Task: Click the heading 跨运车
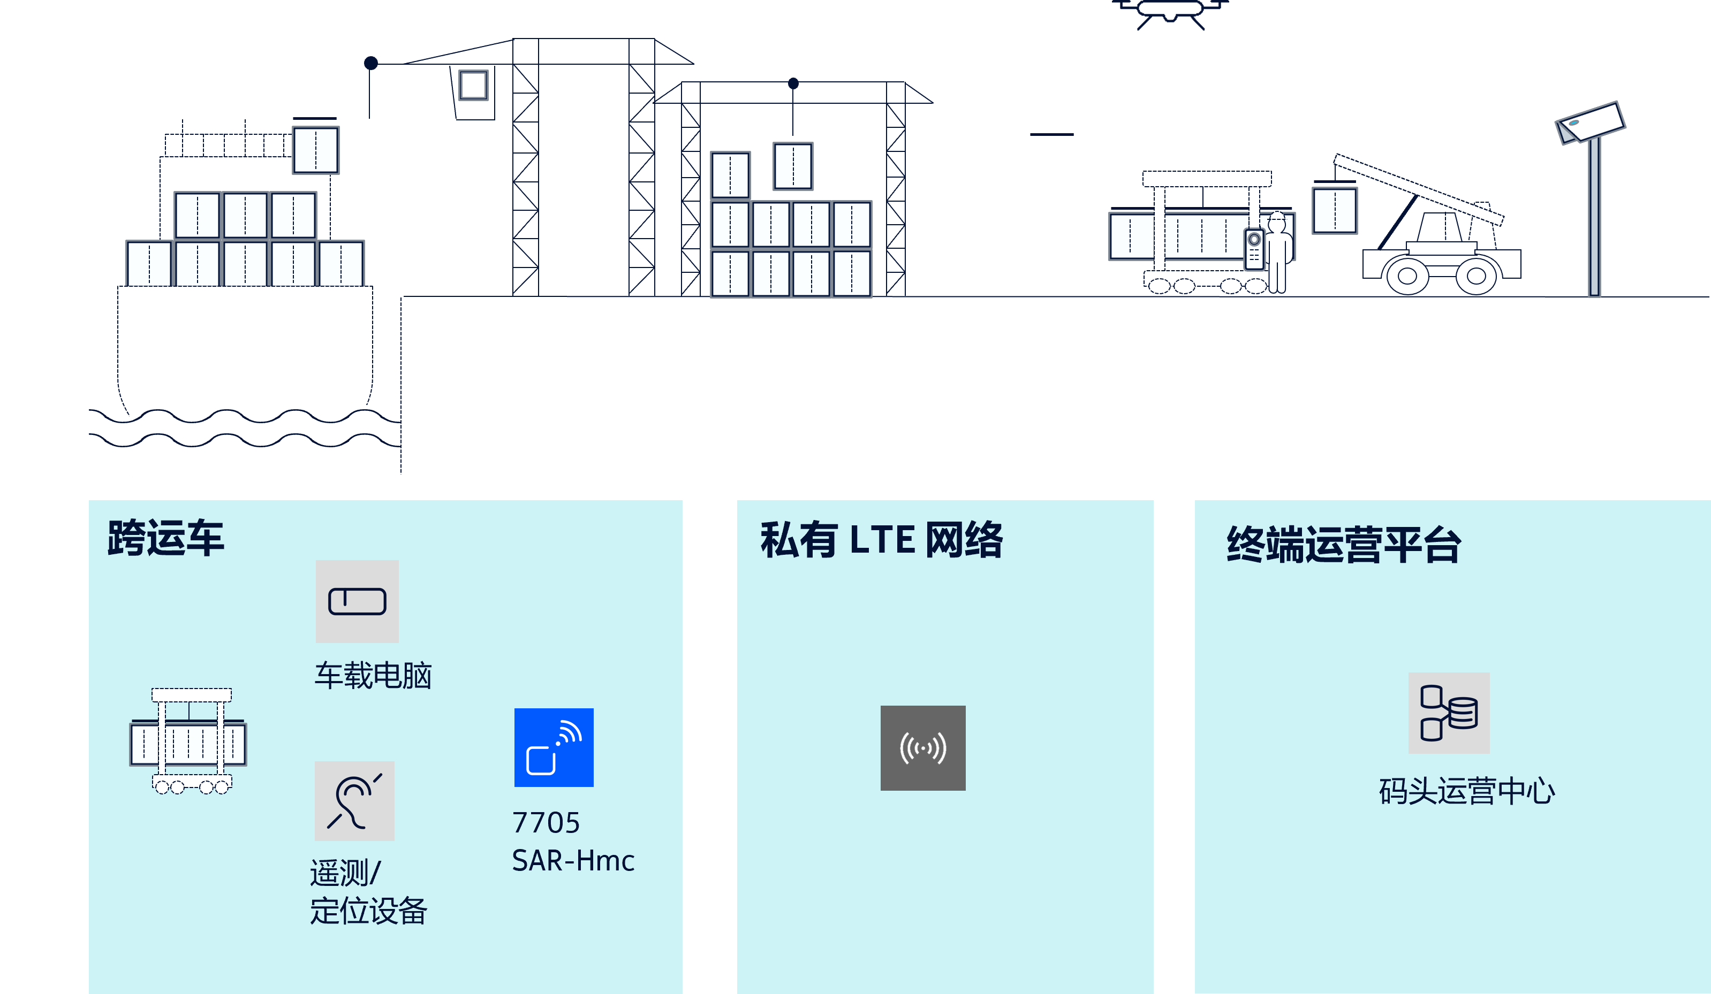coord(165,538)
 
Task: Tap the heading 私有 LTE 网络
coord(881,540)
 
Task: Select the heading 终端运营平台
coord(1344,544)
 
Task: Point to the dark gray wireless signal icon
coord(923,748)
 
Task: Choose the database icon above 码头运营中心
coord(1449,713)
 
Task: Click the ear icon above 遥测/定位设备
coord(354,801)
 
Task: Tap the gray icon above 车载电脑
coord(357,601)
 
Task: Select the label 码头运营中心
coord(1466,791)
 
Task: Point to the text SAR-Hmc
coord(573,860)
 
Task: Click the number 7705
coord(546,823)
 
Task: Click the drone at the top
coord(1170,12)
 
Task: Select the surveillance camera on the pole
coord(1589,124)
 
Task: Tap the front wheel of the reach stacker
coord(1407,276)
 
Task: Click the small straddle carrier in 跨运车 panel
coord(189,741)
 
